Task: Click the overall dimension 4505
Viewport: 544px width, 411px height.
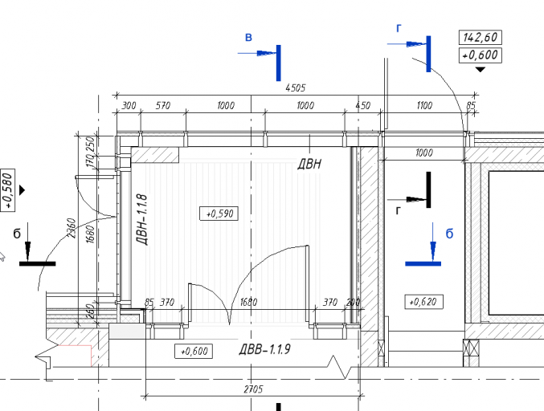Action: click(295, 87)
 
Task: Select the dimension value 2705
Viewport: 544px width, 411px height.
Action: click(253, 389)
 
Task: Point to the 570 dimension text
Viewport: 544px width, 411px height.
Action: click(162, 105)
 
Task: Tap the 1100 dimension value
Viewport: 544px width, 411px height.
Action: click(424, 105)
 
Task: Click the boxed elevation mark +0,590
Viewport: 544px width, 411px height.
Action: click(219, 214)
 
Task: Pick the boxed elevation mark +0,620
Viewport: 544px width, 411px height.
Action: click(423, 302)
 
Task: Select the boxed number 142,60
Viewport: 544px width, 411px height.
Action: click(481, 37)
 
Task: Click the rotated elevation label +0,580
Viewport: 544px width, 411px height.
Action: click(8, 189)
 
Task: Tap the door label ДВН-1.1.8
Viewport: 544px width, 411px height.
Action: click(142, 220)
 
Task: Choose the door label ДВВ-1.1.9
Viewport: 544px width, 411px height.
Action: click(265, 349)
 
